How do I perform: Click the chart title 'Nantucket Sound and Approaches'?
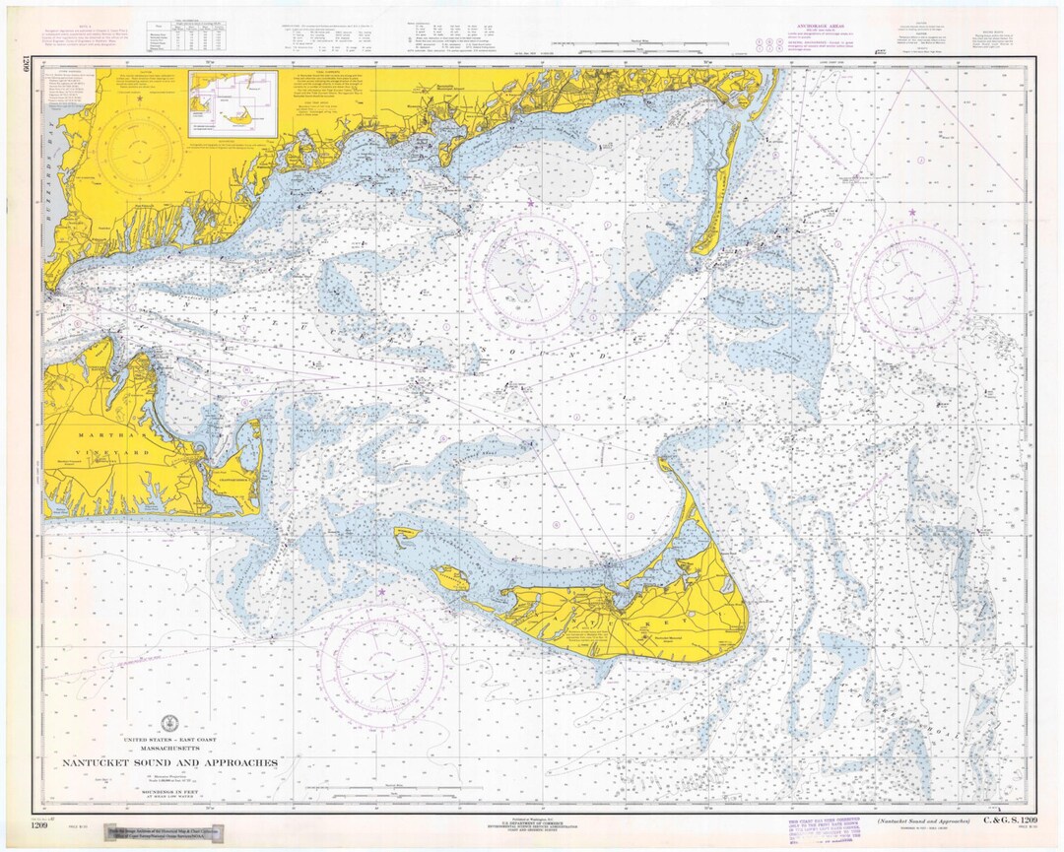(170, 762)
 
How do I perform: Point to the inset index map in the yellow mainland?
(233, 102)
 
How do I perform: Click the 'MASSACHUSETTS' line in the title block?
(170, 747)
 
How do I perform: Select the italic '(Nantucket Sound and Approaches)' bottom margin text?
(921, 819)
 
